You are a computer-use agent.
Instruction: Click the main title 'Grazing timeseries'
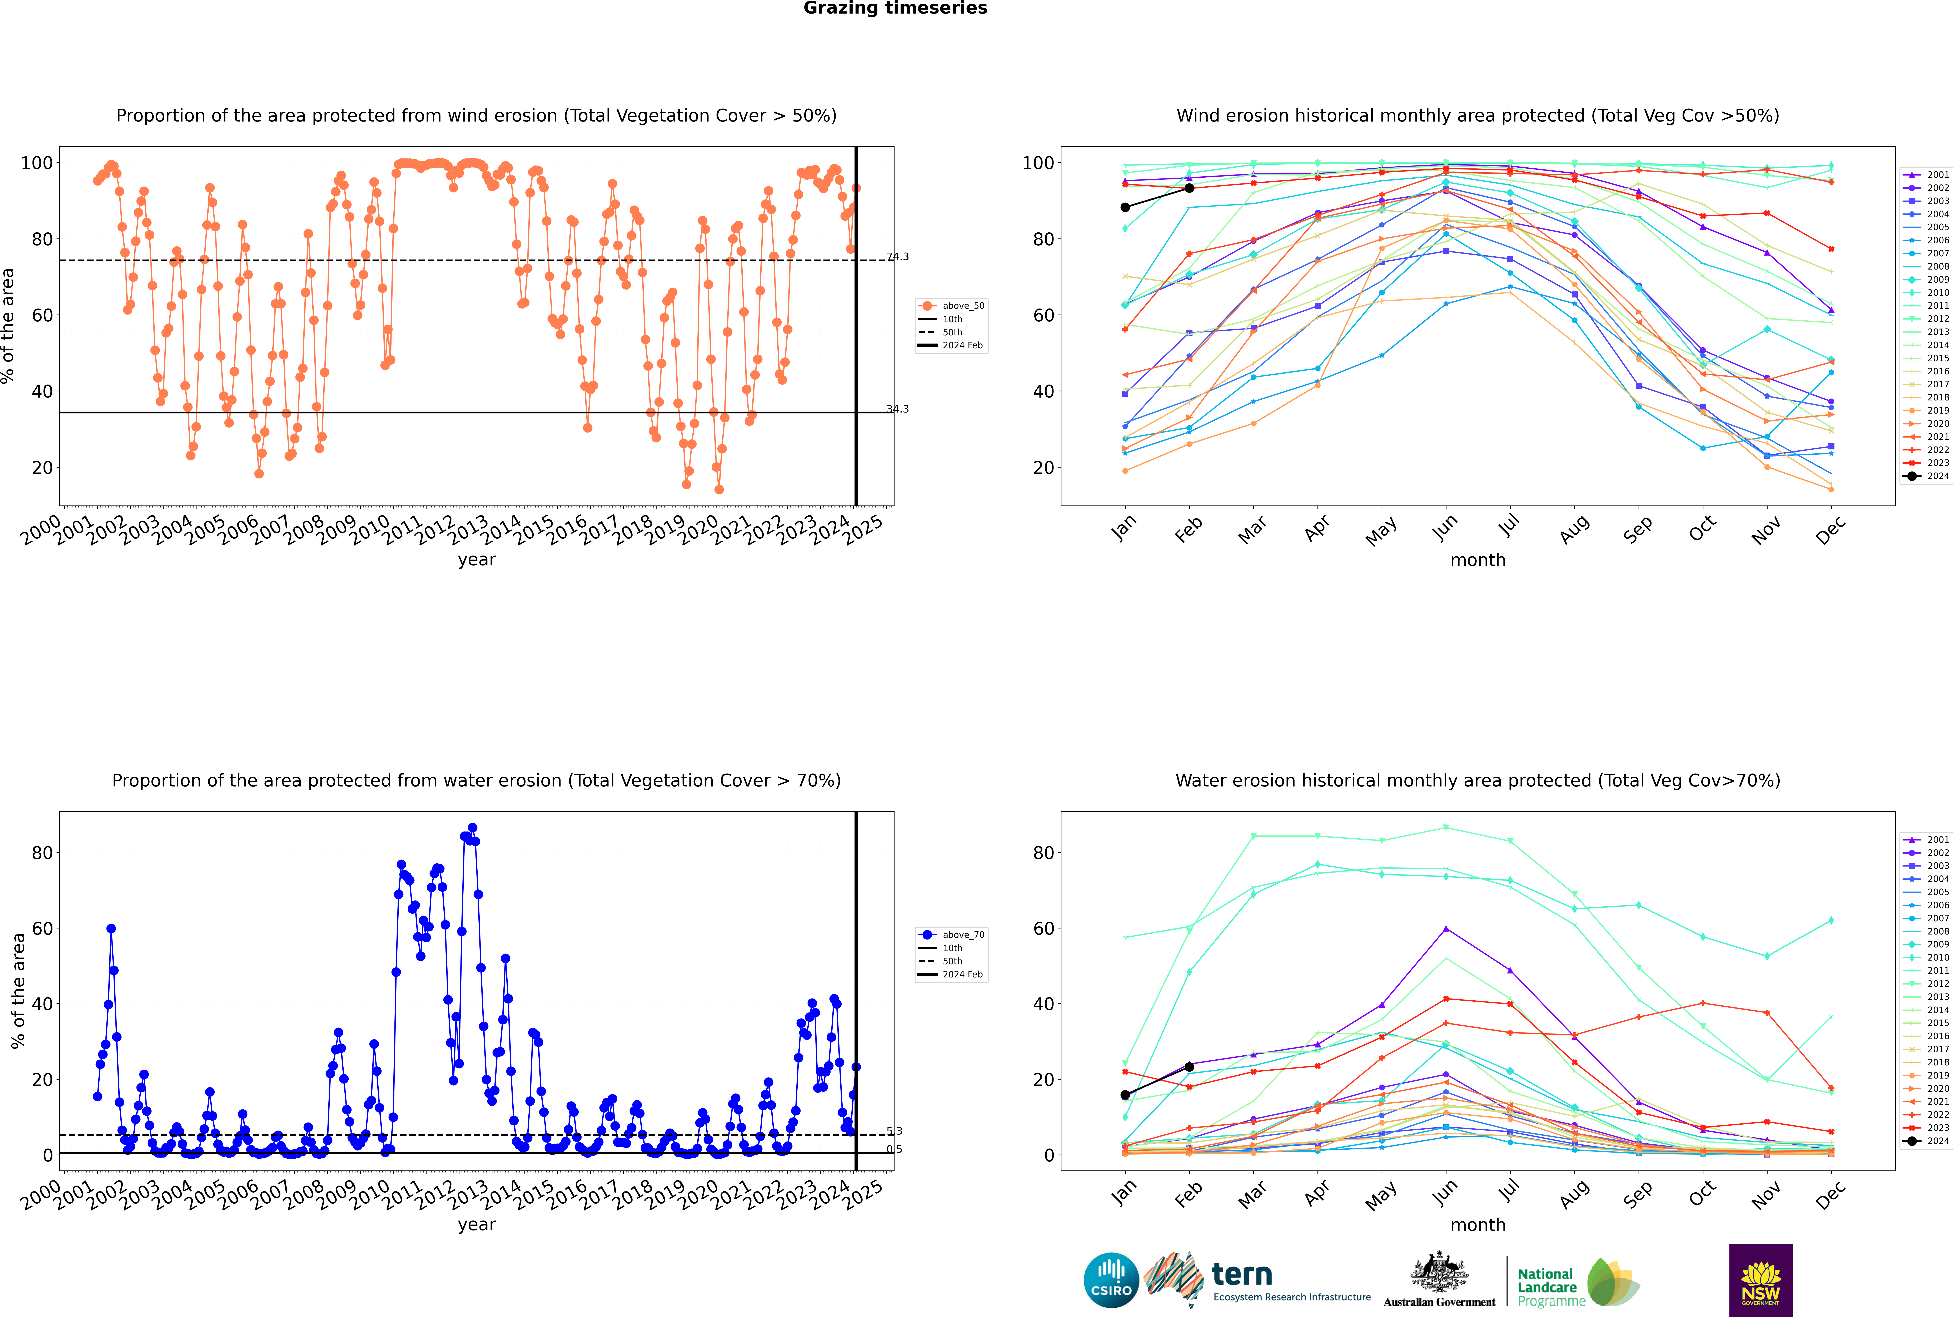coord(895,8)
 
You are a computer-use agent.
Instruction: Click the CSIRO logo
coord(1111,1280)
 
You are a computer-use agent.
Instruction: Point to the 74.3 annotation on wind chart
coord(898,257)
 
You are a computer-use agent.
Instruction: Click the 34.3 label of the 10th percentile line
coord(898,409)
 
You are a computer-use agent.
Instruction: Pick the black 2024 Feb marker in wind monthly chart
coord(1189,188)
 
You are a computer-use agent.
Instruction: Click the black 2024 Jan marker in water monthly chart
coord(1125,1094)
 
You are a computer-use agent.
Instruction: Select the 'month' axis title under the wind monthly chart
coord(1478,560)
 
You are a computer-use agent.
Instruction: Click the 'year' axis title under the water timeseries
coord(477,1225)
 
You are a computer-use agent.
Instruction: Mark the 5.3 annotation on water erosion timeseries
coord(894,1131)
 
